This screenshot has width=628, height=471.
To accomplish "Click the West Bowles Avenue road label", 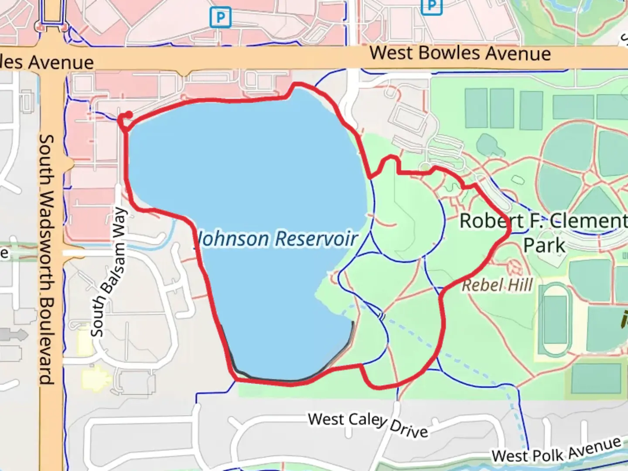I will point(460,53).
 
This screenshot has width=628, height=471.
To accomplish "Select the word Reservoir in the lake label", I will point(317,239).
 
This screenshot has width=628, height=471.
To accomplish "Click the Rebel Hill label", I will point(497,285).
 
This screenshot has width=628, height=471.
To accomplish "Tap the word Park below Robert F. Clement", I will point(544,245).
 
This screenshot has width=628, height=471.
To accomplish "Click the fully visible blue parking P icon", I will point(220,18).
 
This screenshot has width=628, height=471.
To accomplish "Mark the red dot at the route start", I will point(129,115).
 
